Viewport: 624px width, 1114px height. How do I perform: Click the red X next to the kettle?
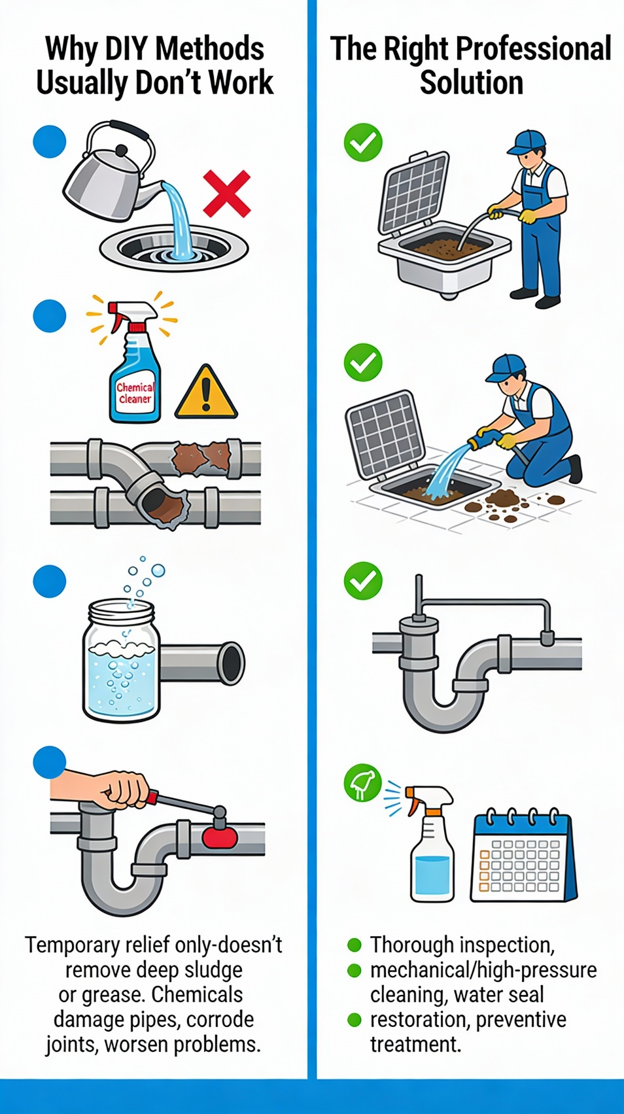tap(227, 193)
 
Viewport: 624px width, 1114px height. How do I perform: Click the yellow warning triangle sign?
tap(206, 392)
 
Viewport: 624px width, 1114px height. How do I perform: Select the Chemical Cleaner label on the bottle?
tap(135, 392)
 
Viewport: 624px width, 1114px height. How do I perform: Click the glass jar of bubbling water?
tap(121, 661)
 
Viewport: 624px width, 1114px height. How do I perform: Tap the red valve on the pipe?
tap(220, 840)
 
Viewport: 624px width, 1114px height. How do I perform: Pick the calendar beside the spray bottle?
tap(524, 856)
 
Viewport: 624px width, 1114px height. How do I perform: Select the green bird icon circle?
tap(362, 782)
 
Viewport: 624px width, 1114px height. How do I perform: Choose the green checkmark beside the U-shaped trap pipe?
tap(363, 581)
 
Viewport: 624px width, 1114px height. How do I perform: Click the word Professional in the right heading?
tap(533, 49)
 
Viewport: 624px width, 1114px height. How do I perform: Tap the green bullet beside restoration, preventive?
tap(354, 1020)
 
